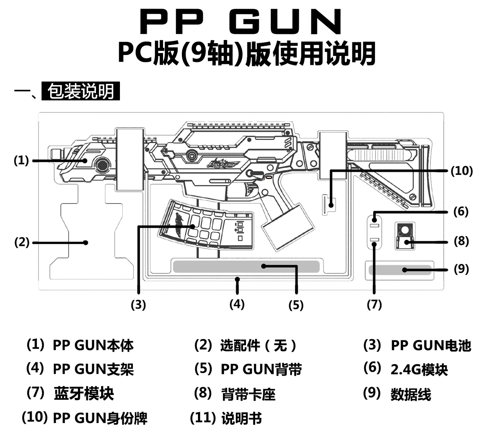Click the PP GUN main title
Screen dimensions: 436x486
click(241, 22)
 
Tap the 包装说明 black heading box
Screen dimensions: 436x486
click(81, 91)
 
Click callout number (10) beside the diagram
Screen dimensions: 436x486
click(461, 171)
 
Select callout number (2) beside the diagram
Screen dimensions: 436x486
click(22, 242)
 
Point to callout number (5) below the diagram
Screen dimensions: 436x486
click(296, 305)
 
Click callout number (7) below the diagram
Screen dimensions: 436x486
click(374, 304)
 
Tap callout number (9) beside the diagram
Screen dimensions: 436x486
click(461, 269)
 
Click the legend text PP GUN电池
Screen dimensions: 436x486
click(431, 345)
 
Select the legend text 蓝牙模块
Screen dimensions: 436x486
click(84, 393)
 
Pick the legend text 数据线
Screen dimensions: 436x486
click(411, 394)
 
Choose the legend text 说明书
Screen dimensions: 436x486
click(241, 418)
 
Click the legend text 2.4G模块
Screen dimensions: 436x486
click(419, 369)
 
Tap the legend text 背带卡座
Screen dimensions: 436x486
click(248, 394)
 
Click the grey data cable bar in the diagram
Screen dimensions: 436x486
click(400, 270)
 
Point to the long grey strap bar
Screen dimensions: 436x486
click(246, 266)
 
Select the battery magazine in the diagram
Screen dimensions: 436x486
click(204, 224)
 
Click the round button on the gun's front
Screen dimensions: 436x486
click(103, 164)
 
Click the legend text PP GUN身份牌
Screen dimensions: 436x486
click(100, 418)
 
